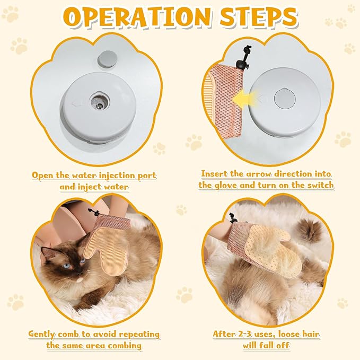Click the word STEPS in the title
pyautogui.click(x=259, y=17)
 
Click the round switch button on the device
pyautogui.click(x=285, y=99)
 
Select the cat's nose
pyautogui.click(x=79, y=273)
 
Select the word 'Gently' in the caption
pyautogui.click(x=42, y=334)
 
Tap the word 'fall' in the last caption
pyautogui.click(x=267, y=345)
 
